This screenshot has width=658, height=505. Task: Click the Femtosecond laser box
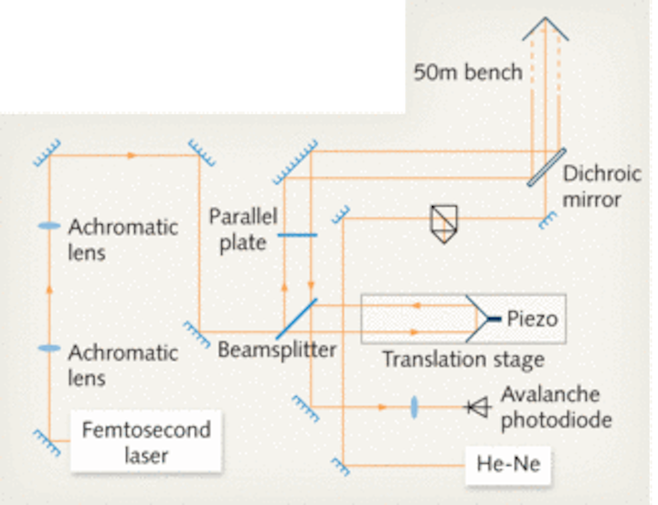(146, 442)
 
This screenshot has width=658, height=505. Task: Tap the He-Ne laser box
(508, 465)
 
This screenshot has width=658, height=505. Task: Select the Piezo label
(532, 319)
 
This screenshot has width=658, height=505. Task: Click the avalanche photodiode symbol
(478, 407)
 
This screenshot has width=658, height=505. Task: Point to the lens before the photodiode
(414, 407)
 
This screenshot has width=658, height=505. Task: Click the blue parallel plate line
(298, 235)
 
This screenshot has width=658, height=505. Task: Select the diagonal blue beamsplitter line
(296, 319)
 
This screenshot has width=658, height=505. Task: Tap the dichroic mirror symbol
(547, 167)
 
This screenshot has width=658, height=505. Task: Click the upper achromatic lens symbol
(49, 226)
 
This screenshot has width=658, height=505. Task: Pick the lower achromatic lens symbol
(49, 348)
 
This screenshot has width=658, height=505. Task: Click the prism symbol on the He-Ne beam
(444, 224)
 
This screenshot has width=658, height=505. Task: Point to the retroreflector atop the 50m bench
(546, 28)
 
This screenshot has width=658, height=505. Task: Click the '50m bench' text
(468, 72)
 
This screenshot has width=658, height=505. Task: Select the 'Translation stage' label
(463, 360)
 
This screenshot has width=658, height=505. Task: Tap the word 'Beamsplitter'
(277, 350)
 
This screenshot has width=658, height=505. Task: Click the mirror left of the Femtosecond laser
(47, 443)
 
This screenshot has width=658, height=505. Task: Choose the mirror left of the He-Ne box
(340, 467)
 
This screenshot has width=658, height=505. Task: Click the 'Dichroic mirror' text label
(602, 187)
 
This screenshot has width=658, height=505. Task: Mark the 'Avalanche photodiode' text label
(557, 407)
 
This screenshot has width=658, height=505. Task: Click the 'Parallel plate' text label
(243, 230)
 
